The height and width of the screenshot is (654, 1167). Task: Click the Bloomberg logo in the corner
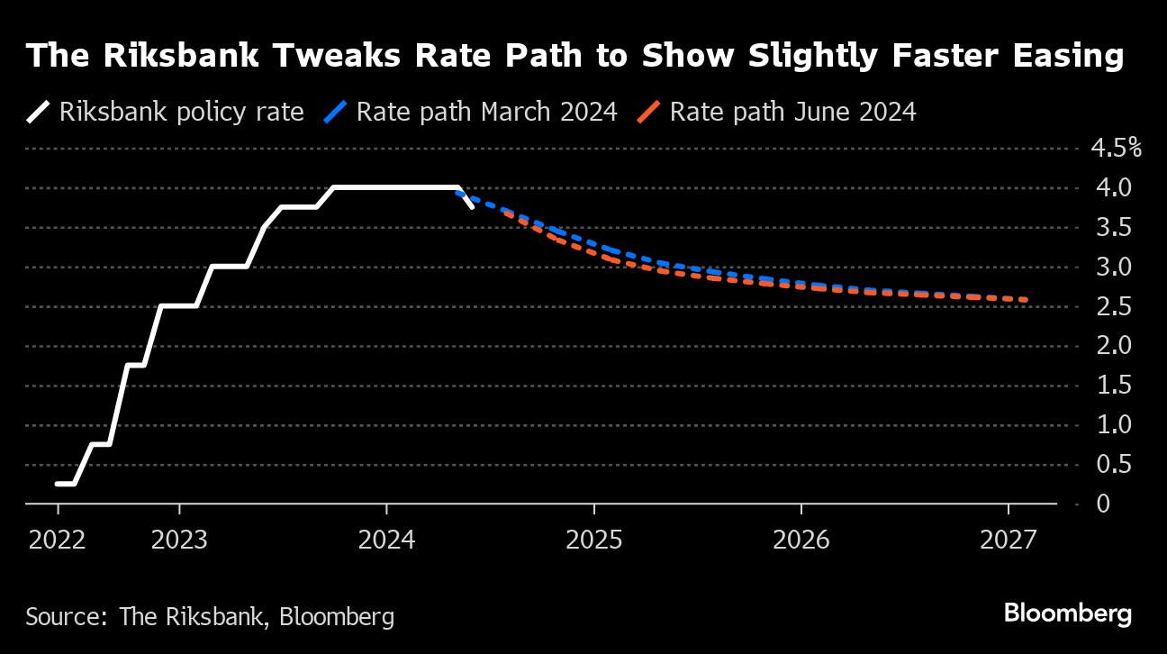[x=1067, y=614]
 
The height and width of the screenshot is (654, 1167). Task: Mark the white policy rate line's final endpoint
[x=472, y=207]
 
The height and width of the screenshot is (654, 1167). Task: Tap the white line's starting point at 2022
[x=57, y=484]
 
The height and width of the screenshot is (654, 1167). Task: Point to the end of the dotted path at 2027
[x=1026, y=300]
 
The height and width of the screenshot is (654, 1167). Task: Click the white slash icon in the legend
[x=39, y=112]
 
